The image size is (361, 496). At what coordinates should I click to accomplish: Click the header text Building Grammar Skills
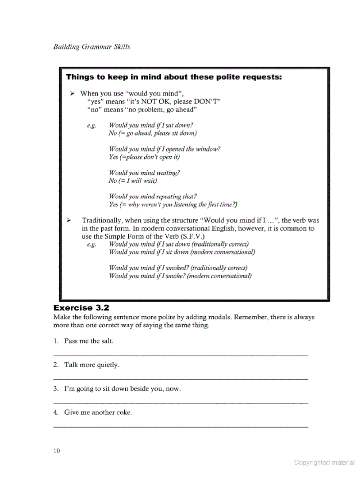92,46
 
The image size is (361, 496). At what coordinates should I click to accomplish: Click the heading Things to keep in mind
174,77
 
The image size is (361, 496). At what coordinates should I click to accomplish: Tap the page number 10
56,451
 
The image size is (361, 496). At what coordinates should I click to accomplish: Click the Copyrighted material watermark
324,462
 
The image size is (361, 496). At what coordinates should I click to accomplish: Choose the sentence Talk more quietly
92,365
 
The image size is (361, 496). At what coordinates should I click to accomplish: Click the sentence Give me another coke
98,413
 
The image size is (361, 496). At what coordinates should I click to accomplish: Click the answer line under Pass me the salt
180,355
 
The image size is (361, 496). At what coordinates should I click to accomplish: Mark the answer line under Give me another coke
180,427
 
